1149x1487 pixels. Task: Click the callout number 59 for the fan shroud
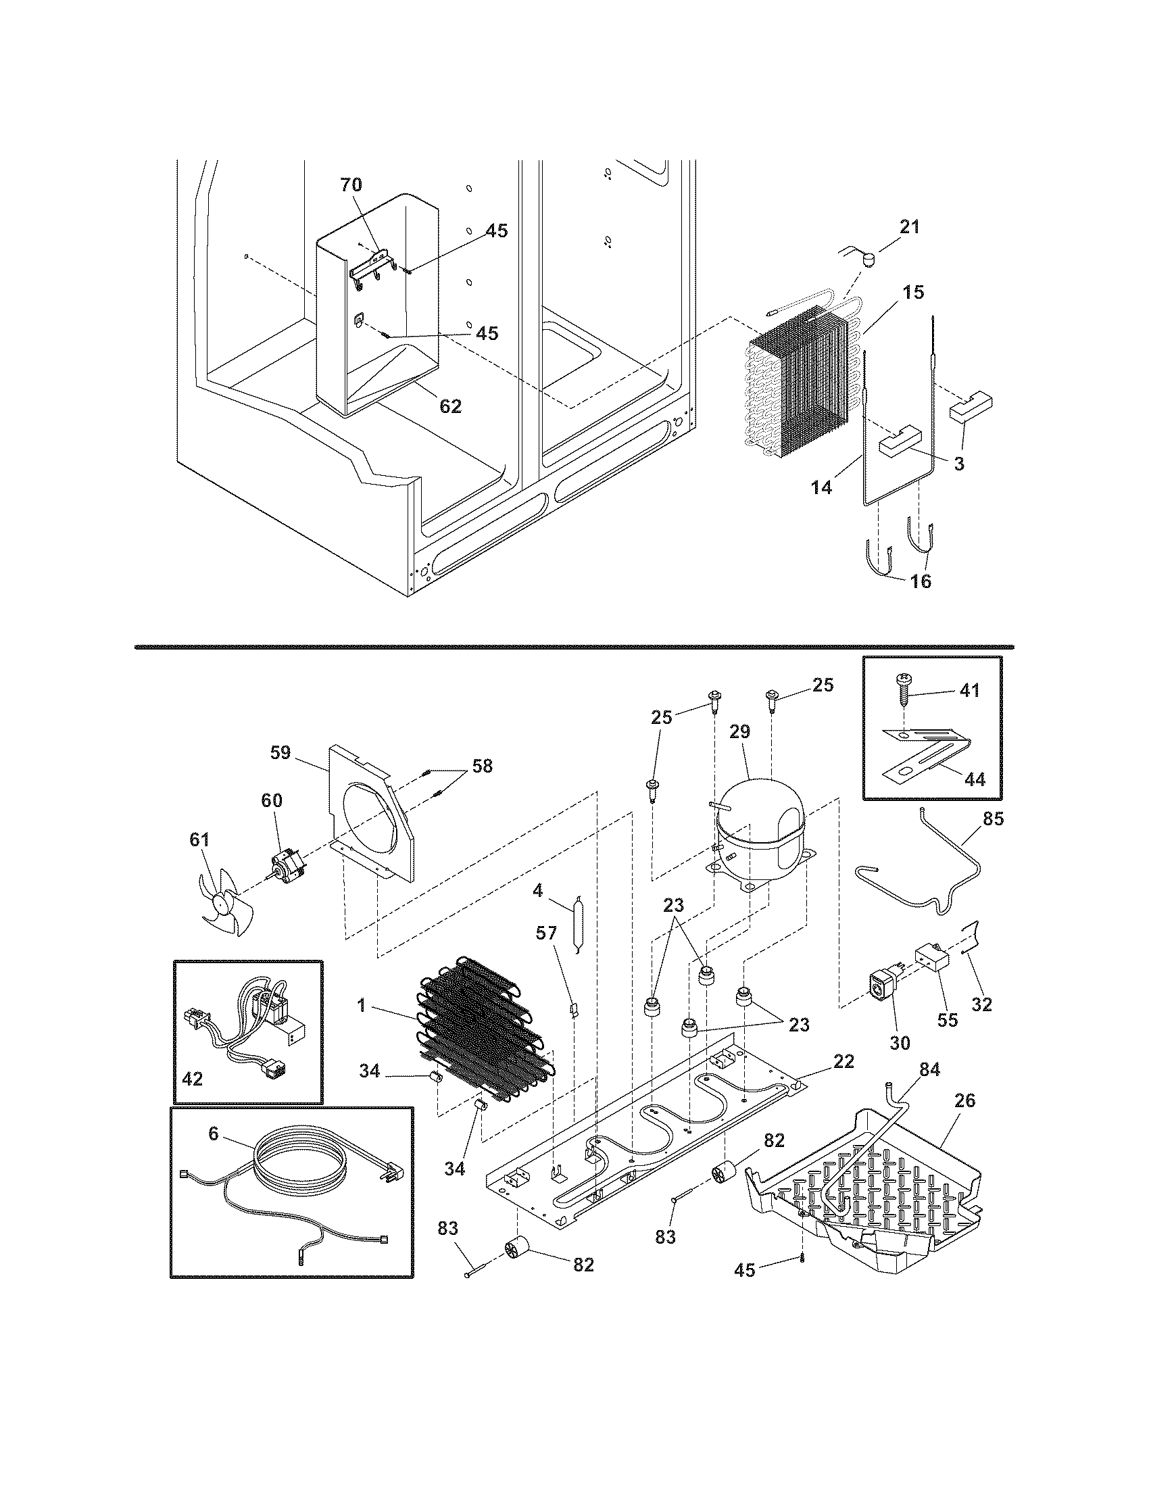tap(280, 752)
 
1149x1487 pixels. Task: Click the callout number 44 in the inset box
tap(975, 779)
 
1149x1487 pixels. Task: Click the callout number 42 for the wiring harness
tap(193, 1079)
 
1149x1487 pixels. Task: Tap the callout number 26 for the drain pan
tap(965, 1100)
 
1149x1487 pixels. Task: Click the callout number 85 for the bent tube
tap(993, 819)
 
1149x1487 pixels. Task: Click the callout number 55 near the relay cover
tap(948, 1038)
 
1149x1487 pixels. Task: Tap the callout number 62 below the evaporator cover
tap(451, 406)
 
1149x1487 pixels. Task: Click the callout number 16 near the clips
tap(921, 581)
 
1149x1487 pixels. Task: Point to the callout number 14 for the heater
tap(822, 487)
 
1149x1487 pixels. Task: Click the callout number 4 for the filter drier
tap(538, 891)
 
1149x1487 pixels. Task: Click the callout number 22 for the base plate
tap(844, 1061)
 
